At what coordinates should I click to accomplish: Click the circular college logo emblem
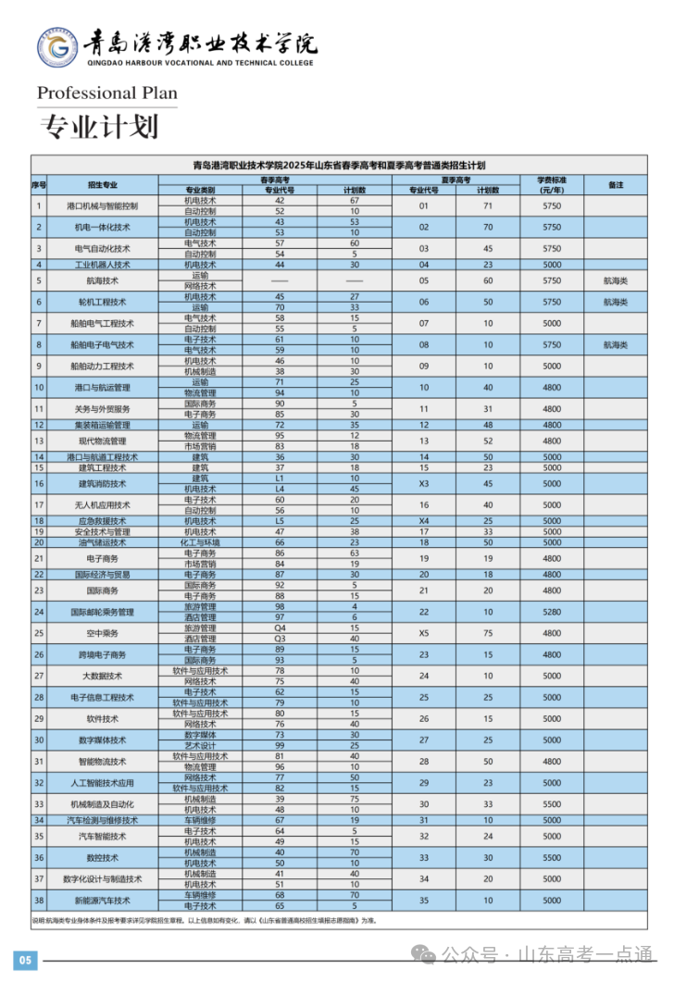tap(58, 47)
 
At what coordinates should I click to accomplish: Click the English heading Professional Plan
tap(106, 93)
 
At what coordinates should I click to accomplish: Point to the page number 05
tap(25, 960)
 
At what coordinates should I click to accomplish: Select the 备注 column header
tap(616, 184)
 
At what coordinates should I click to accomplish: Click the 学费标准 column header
tap(552, 184)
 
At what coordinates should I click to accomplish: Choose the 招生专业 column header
tap(103, 184)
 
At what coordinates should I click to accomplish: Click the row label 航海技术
tap(103, 280)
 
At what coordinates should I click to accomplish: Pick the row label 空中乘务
tap(103, 633)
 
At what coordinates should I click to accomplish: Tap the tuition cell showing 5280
tap(552, 612)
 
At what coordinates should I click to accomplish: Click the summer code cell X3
tap(424, 483)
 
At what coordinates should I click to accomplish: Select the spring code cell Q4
tap(280, 628)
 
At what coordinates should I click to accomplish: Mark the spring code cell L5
tap(280, 520)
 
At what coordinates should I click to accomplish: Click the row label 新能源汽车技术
tap(103, 901)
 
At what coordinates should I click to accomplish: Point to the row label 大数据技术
tap(103, 676)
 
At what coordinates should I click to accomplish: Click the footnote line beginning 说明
tap(204, 921)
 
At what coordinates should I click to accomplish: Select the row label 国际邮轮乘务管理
tap(103, 612)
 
